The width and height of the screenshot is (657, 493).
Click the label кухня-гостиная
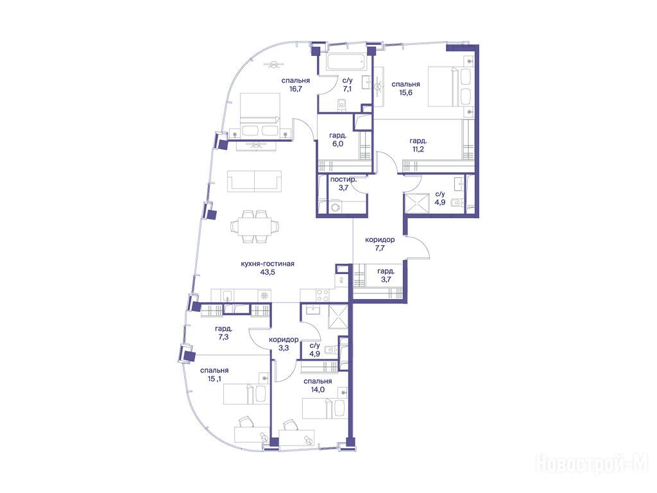[268, 264]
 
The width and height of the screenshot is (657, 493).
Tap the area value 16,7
[295, 89]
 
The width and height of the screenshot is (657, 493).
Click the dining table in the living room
[255, 227]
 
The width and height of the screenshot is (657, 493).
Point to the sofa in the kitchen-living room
[254, 180]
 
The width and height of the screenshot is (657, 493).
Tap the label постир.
[343, 180]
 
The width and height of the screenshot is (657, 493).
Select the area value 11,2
[418, 149]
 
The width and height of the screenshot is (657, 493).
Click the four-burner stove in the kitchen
[322, 295]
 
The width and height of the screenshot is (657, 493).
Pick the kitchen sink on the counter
[226, 295]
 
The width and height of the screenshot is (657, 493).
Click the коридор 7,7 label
[380, 243]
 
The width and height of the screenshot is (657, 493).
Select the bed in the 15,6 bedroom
[451, 86]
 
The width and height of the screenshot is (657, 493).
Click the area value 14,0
[318, 390]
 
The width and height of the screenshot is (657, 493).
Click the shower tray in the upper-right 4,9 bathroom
[417, 204]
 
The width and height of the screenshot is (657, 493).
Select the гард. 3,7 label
[386, 275]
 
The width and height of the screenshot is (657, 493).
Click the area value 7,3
[223, 336]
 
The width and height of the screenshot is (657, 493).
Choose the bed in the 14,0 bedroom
[324, 408]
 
